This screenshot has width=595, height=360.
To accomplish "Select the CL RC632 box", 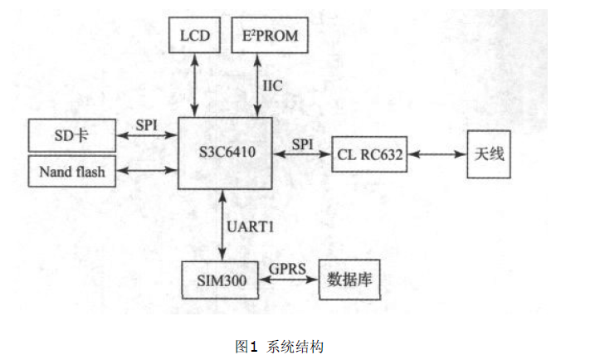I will point(370,154).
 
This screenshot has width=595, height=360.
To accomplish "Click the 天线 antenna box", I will point(487,154).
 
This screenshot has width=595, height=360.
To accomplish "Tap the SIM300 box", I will point(217,280).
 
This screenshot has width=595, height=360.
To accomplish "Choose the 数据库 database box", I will point(349,280).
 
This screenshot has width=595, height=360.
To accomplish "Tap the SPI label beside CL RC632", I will point(303,144).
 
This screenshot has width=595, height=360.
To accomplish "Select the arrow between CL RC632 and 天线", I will point(436,155).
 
